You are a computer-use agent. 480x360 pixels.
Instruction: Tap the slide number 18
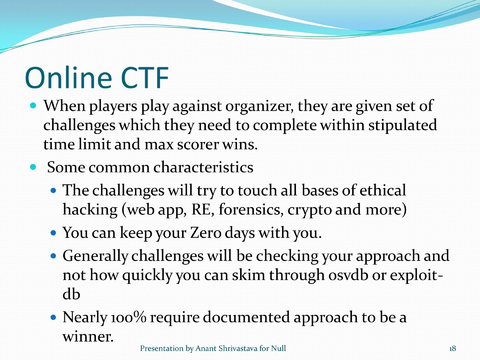coord(452,349)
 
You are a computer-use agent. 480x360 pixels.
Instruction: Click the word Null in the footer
coord(279,349)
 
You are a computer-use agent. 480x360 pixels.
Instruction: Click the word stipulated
coord(402,126)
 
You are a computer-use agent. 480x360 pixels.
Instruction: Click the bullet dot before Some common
coord(34,166)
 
